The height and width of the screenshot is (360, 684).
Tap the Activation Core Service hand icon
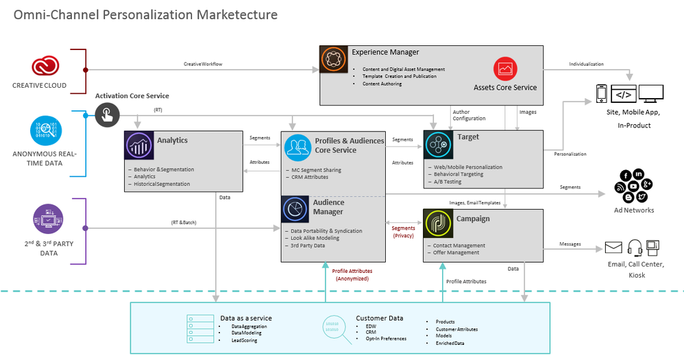106,115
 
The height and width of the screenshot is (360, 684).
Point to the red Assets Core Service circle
504,69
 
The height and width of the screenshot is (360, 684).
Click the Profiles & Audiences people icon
297,147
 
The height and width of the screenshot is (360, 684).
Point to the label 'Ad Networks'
633,211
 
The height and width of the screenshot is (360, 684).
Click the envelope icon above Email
613,248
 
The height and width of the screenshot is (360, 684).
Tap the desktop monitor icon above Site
650,94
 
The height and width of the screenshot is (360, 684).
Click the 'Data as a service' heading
246,318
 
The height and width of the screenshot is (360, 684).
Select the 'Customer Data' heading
380,318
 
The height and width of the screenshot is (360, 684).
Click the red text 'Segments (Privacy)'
403,232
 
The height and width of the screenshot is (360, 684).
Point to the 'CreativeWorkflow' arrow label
203,64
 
